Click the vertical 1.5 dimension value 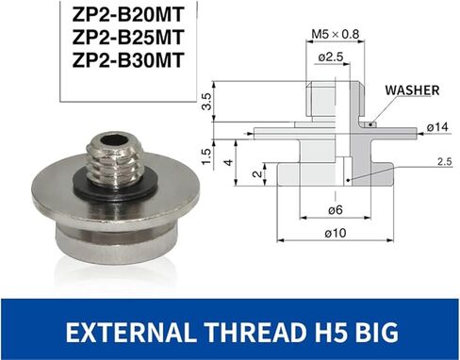[x=206, y=152]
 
